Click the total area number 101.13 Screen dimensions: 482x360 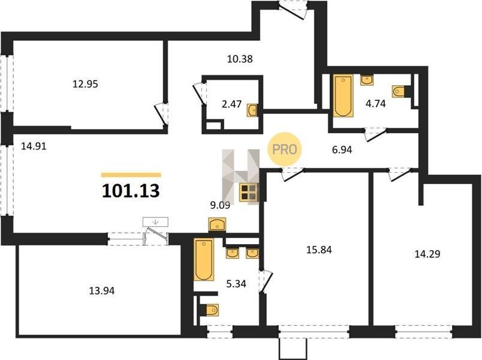pos(131,191)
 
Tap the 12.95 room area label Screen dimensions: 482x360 pos(85,83)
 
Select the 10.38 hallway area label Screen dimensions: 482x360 pos(240,58)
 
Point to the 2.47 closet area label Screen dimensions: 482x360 pos(231,104)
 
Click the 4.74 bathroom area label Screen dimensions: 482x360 pos(375,104)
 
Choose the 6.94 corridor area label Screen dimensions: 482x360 pos(342,150)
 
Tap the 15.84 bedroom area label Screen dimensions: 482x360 pos(319,250)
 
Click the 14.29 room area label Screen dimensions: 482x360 pos(427,254)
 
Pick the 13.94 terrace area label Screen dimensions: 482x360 pos(102,290)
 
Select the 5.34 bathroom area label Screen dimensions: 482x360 pos(236,284)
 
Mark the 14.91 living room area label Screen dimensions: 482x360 pos(34,146)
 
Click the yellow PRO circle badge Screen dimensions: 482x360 pos(285,149)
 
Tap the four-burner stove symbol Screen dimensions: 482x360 pos(249,193)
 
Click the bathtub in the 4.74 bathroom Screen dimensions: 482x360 pos(343,96)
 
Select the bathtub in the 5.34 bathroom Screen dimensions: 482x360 pos(204,259)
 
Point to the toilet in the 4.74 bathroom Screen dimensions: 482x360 pos(399,91)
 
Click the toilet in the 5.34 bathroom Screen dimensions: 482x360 pos(212,310)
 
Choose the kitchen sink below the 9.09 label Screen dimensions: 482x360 pos(217,224)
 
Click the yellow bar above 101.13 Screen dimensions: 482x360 pos(131,175)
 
